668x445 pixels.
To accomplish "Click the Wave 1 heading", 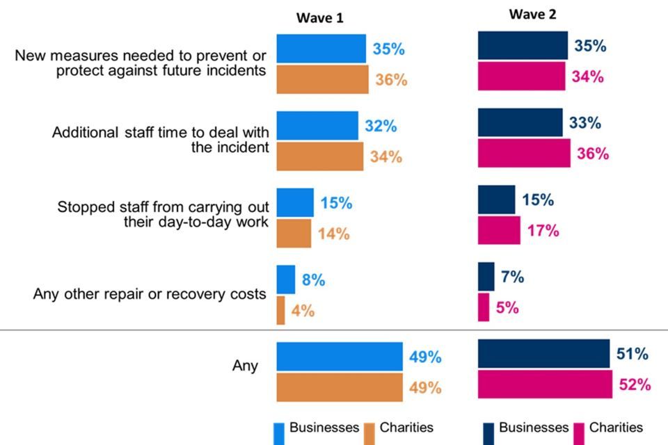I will point(320,18).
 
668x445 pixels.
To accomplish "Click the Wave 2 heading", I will point(532,15).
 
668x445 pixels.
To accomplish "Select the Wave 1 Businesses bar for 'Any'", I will point(340,357).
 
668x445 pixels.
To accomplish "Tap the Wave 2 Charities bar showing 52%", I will point(545,385).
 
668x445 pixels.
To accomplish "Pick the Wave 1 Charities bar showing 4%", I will point(280,310).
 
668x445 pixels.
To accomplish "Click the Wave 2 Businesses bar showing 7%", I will point(486,277).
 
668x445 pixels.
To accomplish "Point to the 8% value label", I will point(313,280).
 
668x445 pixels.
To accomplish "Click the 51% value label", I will point(632,354).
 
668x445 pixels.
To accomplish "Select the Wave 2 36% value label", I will point(592,154).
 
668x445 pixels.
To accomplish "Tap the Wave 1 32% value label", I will point(381,127).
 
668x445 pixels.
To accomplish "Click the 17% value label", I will point(543,231).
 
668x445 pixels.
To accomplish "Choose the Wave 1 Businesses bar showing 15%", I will point(295,202).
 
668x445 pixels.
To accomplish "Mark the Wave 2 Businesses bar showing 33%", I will point(520,122).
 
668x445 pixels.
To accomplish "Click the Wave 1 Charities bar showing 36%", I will point(322,79).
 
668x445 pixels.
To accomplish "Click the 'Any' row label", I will point(245,366).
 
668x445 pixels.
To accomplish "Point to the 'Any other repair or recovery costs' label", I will point(150,293).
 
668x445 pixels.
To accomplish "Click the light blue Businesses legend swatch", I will point(279,433).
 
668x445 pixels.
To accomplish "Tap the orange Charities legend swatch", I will point(369,433).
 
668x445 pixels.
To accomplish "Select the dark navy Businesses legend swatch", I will point(488,433).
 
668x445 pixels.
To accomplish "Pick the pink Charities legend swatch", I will point(578,433).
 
